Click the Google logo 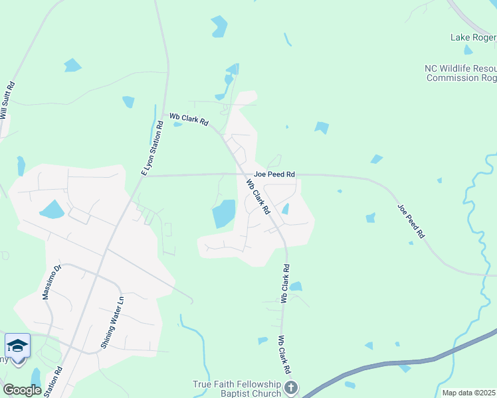[x=22, y=390]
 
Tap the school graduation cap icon [x=18, y=346]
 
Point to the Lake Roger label [x=473, y=37]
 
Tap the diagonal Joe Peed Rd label [x=411, y=221]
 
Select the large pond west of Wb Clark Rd [x=223, y=214]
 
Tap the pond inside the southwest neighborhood [x=52, y=210]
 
